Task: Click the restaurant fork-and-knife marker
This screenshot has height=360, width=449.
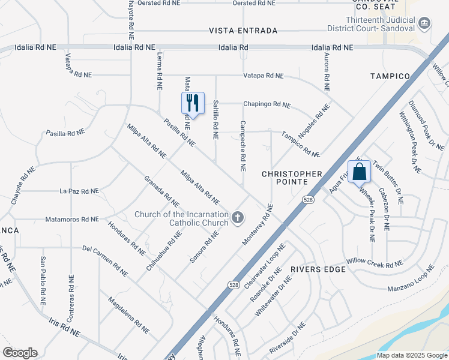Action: [x=193, y=103]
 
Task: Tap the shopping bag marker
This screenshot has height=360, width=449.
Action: [x=359, y=172]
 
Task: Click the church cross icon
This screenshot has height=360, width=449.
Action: [x=238, y=217]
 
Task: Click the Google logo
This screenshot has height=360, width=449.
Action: [x=20, y=353]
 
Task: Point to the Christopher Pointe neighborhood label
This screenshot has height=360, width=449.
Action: [x=292, y=178]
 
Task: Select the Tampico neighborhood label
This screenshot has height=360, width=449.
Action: [x=390, y=76]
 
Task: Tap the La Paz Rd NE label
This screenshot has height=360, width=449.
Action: [x=79, y=191]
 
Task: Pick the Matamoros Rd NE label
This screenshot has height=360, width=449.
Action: [x=72, y=220]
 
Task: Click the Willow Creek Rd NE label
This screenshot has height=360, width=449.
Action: [x=375, y=263]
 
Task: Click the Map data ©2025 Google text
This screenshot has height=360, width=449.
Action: [x=412, y=355]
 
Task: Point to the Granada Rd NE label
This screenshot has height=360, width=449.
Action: [x=161, y=191]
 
